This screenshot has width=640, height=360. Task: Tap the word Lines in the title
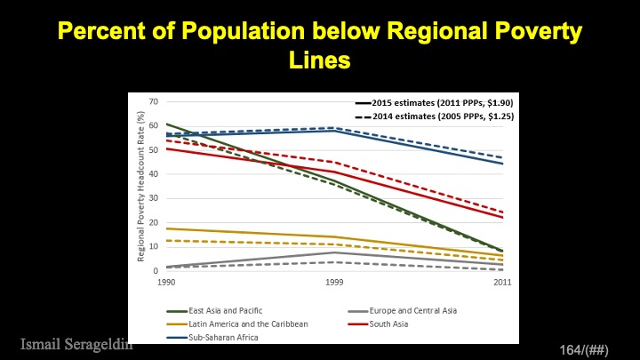320,61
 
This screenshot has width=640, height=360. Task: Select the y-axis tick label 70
155,101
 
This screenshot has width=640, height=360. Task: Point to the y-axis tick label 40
155,173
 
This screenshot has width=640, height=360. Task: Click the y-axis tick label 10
155,245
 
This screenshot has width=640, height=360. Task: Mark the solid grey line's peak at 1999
334,252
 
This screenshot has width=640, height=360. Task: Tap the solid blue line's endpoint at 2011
502,164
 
